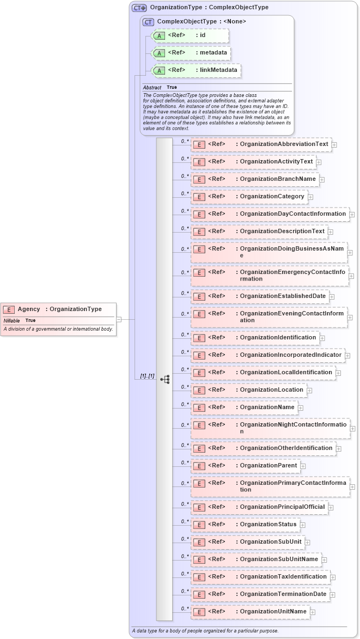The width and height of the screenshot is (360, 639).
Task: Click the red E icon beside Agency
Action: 9,309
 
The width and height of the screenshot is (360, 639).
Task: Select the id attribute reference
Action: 202,35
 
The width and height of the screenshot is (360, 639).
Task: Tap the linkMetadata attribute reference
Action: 216,70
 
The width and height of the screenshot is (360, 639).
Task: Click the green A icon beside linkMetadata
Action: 159,70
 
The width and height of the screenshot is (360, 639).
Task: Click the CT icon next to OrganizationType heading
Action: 139,8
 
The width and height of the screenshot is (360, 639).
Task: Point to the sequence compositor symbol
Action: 165,379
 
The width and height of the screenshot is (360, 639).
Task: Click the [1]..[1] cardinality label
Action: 147,376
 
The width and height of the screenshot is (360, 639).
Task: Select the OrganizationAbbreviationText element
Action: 284,144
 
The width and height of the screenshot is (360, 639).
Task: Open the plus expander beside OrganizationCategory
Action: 310,197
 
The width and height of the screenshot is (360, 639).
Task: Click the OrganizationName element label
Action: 267,407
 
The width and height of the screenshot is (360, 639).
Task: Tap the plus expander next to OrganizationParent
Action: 303,466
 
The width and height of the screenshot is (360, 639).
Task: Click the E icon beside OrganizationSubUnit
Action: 199,542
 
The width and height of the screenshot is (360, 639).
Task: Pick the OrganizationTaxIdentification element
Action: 283,577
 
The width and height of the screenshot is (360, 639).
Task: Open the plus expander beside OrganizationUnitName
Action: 313,612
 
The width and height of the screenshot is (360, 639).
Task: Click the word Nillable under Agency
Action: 11,321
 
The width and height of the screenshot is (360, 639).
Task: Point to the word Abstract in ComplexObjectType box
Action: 152,88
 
